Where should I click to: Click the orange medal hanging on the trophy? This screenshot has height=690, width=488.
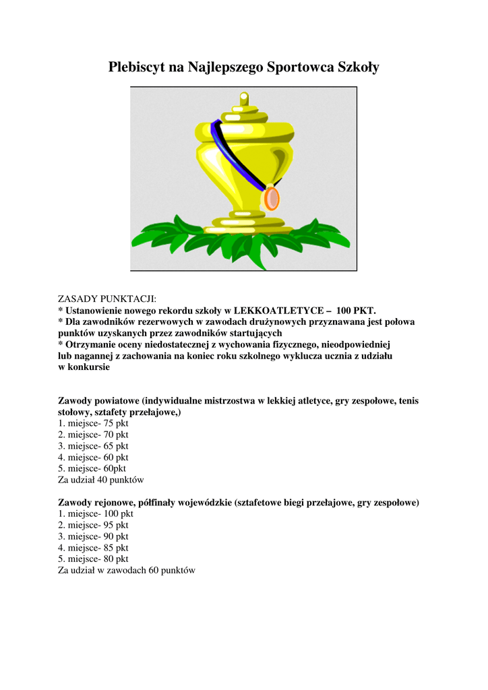point(271,198)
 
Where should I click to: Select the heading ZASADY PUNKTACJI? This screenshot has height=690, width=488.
point(106,299)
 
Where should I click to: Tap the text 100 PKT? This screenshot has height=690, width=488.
point(356,311)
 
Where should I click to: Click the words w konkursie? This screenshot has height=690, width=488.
point(84,368)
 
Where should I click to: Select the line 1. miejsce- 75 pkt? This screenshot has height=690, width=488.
point(93,423)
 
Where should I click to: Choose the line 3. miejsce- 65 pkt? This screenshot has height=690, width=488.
point(93,446)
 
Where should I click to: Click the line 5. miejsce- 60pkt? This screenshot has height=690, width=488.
point(92,468)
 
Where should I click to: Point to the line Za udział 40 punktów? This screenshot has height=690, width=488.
point(101,480)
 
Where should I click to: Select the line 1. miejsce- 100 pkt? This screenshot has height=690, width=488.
point(96,513)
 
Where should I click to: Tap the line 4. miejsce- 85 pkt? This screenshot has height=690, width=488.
point(93,548)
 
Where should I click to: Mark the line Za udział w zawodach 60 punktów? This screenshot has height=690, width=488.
point(127,570)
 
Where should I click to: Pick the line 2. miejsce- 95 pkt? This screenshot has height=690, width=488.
point(93,525)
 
